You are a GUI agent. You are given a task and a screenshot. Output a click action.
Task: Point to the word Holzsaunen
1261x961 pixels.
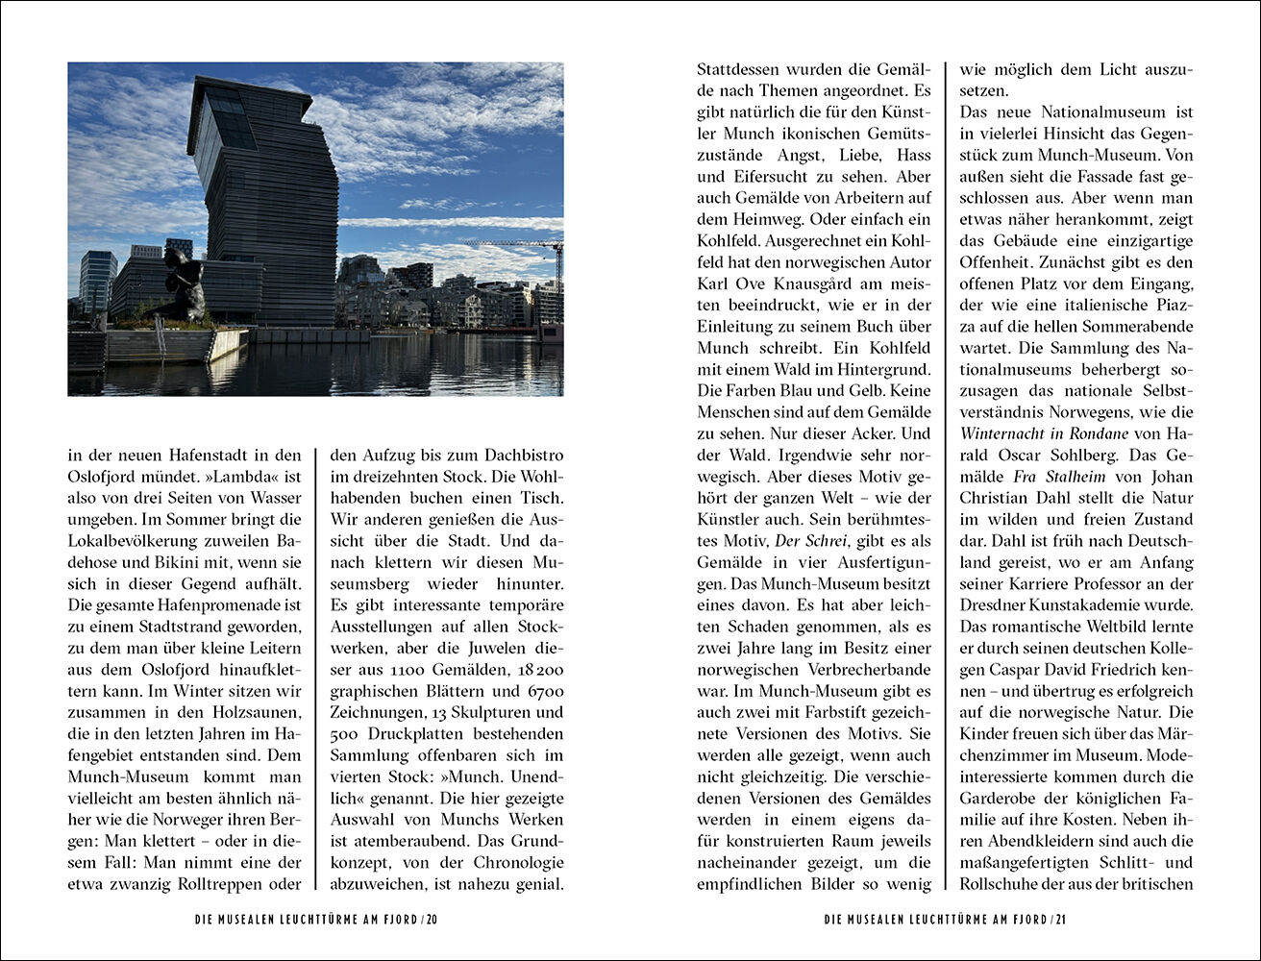coord(247,712)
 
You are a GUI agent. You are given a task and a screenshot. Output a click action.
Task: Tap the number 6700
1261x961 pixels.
coord(544,690)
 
